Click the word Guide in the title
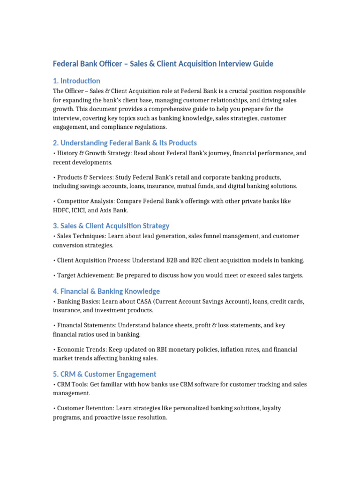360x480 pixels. click(x=262, y=63)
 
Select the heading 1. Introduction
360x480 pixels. click(x=76, y=81)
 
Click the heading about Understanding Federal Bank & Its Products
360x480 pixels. click(x=125, y=142)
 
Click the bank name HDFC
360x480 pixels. click(x=61, y=210)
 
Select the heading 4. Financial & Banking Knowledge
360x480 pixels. click(x=106, y=291)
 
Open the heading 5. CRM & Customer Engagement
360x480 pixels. click(x=105, y=374)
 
